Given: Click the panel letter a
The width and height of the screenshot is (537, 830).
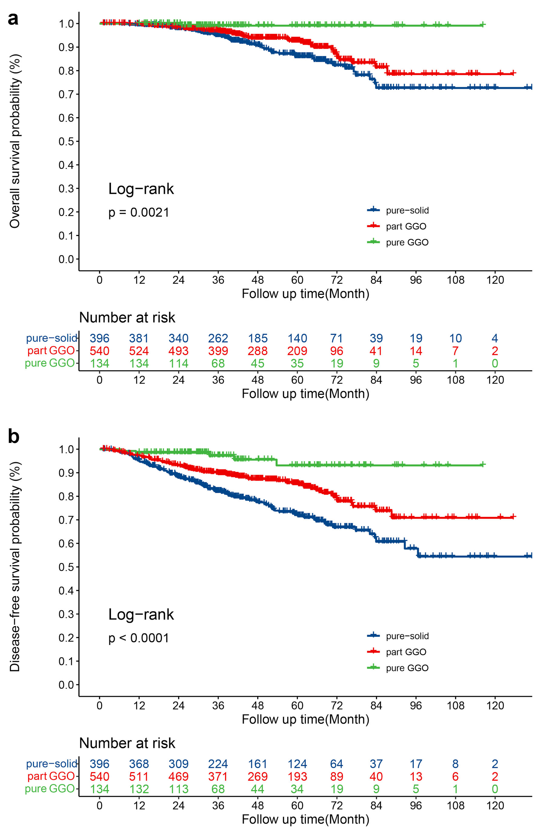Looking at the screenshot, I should click(13, 19).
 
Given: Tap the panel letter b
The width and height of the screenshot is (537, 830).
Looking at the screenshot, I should click(13, 437).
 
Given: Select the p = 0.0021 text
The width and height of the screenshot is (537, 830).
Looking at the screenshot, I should click(139, 212).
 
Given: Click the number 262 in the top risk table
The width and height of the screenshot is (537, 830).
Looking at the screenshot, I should click(218, 338).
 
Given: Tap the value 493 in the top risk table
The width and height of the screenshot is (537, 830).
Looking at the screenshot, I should click(178, 351).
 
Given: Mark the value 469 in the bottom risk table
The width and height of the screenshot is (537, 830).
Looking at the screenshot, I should click(178, 776).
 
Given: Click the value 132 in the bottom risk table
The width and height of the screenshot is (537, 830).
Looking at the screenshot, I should click(139, 789).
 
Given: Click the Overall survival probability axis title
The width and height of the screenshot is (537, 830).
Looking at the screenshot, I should click(15, 141).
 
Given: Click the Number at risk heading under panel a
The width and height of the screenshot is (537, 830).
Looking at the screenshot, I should click(127, 318).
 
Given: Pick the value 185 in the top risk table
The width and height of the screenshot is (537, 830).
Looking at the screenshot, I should click(258, 338).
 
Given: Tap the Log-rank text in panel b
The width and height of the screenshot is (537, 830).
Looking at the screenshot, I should click(141, 614).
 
